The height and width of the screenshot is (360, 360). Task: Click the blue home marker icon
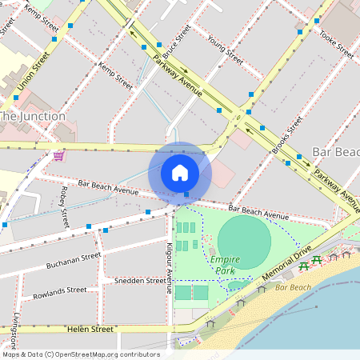click(x=180, y=172)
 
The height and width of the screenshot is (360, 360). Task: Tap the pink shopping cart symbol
click(x=58, y=156)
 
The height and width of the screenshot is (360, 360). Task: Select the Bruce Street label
click(x=177, y=42)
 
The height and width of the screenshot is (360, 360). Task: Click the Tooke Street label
click(x=336, y=44)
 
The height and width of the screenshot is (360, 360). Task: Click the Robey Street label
click(x=65, y=206)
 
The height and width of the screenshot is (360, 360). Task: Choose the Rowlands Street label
click(x=60, y=294)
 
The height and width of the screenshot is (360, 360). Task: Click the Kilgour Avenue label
click(x=170, y=267)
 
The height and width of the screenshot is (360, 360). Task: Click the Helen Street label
click(x=90, y=329)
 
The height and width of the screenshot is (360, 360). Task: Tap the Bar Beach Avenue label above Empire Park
click(x=258, y=213)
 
